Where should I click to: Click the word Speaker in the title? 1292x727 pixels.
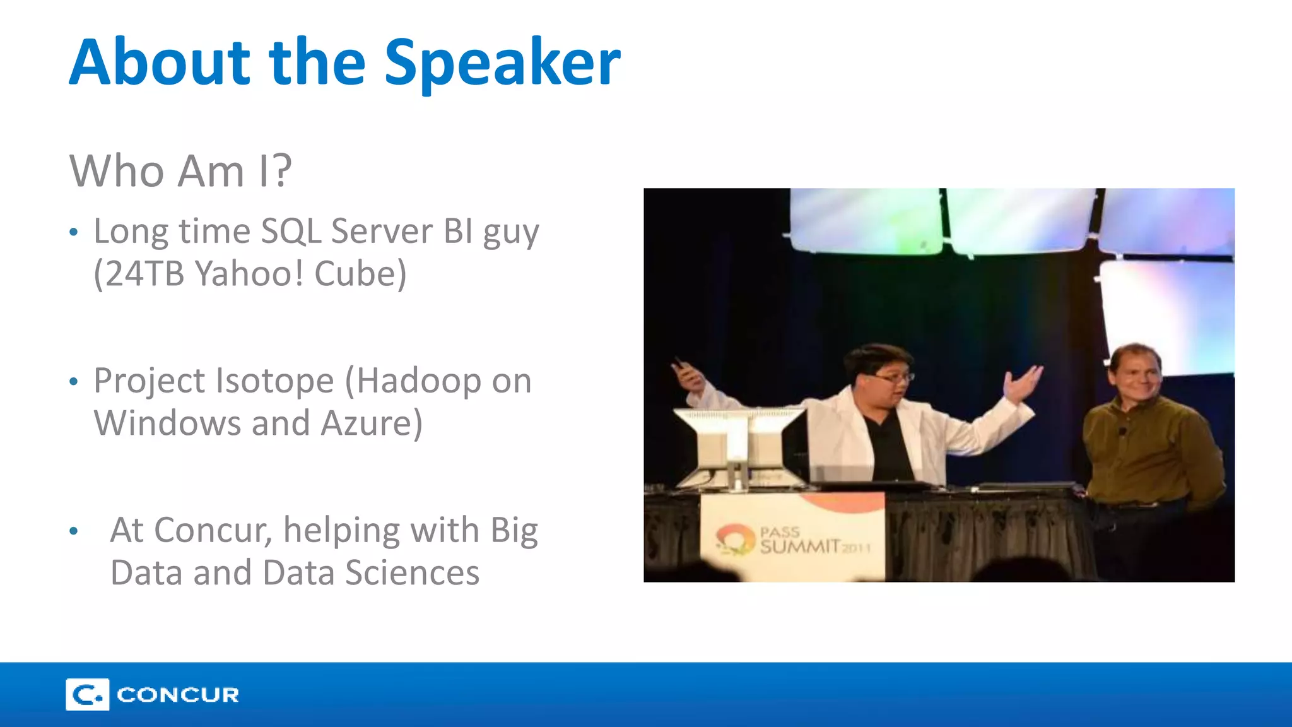502,63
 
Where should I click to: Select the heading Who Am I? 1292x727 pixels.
180,171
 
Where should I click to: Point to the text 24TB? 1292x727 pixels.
143,274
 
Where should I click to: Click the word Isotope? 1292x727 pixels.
274,381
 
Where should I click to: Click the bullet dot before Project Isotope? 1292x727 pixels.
74,382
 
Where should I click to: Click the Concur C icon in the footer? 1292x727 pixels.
87,695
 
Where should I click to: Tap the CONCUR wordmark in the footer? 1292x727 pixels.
178,695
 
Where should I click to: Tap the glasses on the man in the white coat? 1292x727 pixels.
895,378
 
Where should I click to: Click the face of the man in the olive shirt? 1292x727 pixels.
1137,377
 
